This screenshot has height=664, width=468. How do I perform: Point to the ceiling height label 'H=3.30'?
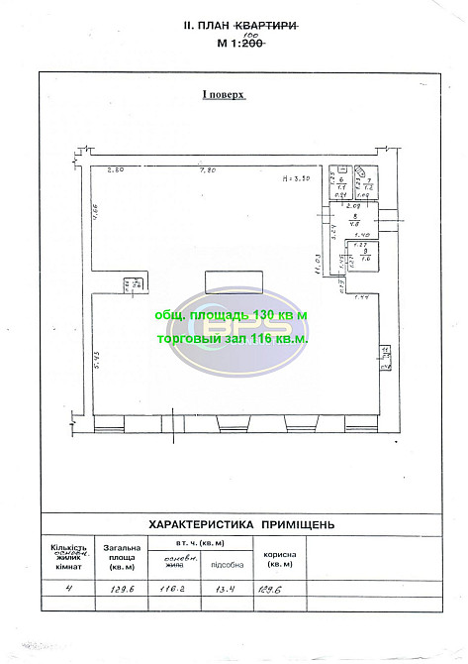[296, 178]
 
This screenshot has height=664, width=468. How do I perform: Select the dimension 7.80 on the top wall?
[208, 171]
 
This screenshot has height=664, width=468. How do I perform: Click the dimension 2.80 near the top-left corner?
[116, 171]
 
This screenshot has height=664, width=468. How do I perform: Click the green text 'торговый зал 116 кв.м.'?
[233, 337]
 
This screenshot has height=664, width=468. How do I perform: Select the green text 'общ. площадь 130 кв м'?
[233, 314]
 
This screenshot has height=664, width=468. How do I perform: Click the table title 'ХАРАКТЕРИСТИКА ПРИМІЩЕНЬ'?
[240, 523]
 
